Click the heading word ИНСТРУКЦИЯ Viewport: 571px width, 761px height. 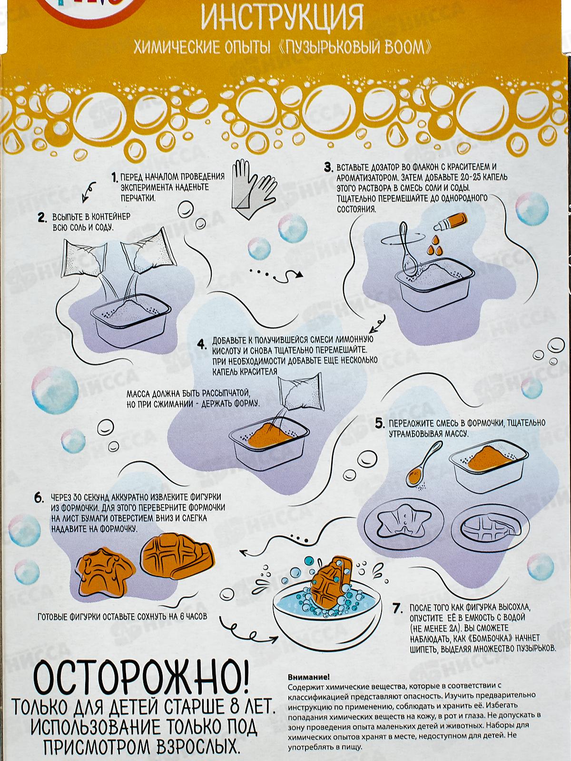tap(282, 18)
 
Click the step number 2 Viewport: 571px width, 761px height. tap(42, 218)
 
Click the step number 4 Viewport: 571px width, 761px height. tap(202, 345)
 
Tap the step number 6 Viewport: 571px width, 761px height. tap(39, 498)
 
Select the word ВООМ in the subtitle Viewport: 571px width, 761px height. tap(406, 47)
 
